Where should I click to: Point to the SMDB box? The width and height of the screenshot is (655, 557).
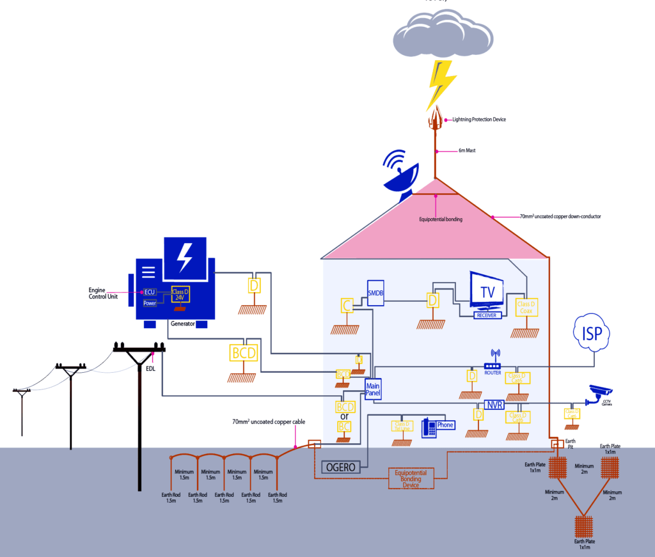[375, 292]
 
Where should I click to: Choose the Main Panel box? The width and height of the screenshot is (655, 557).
[373, 389]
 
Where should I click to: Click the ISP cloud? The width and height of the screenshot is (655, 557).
[592, 333]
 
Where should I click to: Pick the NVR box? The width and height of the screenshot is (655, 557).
[494, 405]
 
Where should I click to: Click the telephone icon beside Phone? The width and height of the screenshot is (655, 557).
[429, 427]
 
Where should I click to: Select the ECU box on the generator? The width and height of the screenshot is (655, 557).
[150, 292]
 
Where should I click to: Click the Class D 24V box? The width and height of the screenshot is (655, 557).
[181, 294]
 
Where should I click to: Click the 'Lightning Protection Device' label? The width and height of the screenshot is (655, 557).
[479, 120]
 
